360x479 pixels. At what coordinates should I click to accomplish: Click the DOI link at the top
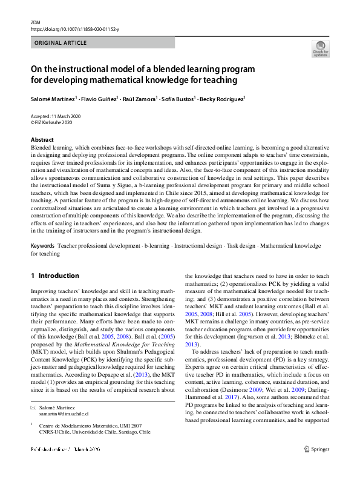75,29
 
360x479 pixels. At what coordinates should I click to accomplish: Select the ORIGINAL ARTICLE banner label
61,43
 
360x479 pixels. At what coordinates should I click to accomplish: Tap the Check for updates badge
320,49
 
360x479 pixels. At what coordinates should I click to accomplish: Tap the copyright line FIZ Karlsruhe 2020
54,122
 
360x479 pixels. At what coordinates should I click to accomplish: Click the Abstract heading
42,140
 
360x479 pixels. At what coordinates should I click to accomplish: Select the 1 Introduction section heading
55,276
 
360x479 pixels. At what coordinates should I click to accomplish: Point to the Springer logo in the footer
317,466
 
